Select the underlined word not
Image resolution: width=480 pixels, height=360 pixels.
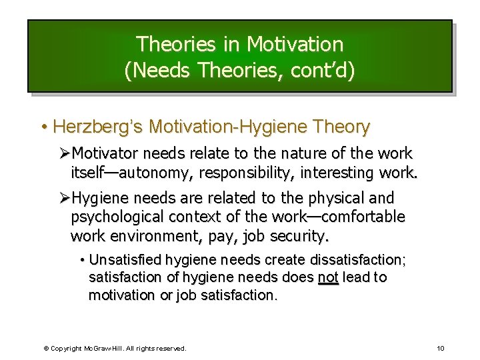coord(329,277)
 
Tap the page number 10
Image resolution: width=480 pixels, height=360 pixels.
coord(441,349)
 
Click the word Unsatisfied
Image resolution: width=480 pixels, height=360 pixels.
coord(125,259)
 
